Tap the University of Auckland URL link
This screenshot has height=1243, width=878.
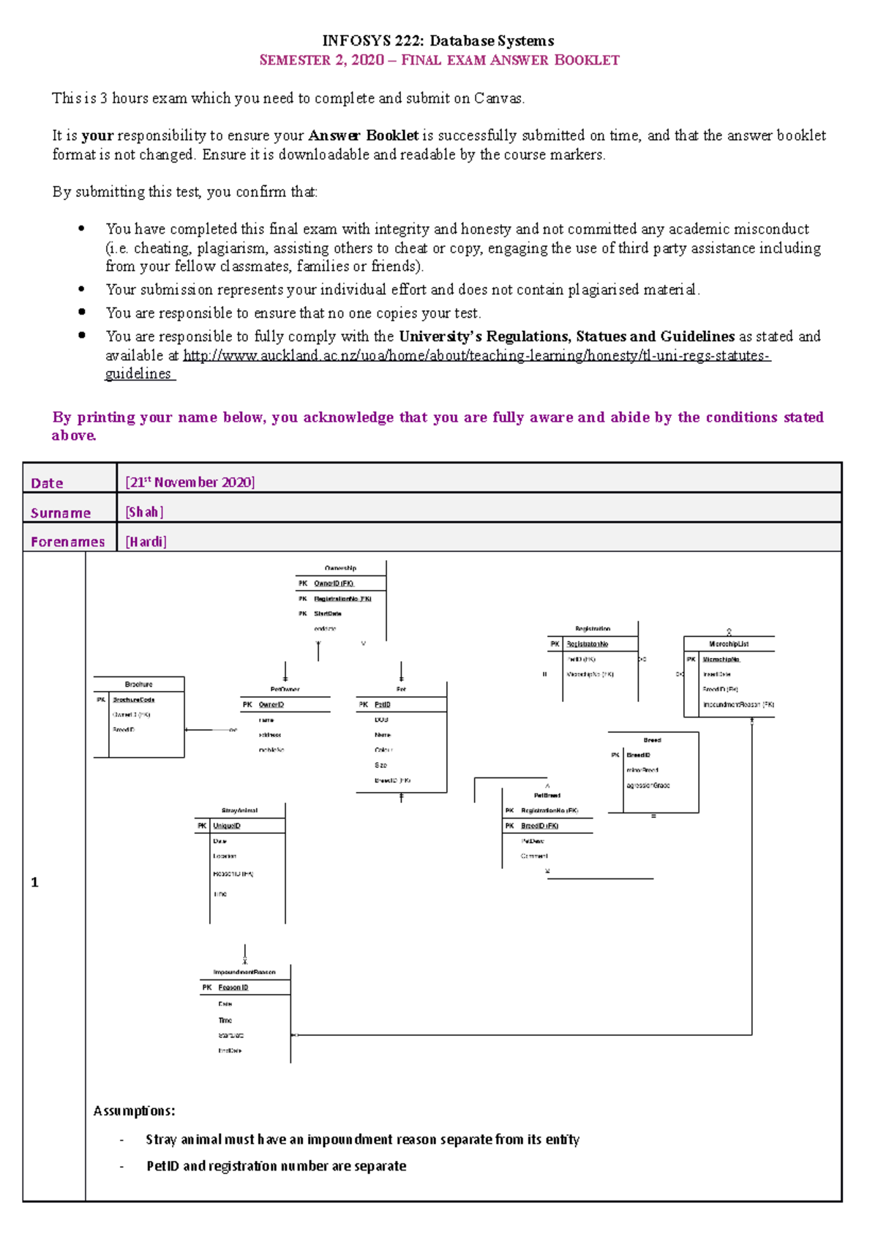click(476, 357)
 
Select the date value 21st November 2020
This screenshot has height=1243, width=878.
click(190, 482)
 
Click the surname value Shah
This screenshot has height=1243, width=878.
click(144, 512)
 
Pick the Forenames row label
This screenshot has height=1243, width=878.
click(67, 542)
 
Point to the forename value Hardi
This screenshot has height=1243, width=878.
click(146, 542)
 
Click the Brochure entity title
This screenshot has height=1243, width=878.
click(138, 684)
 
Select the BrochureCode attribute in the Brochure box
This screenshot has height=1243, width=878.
click(133, 700)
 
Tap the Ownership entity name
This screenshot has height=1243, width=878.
click(340, 568)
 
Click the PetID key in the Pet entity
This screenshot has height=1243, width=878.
click(383, 705)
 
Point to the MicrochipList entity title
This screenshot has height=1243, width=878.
click(729, 644)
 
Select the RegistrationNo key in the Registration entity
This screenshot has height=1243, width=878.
click(588, 644)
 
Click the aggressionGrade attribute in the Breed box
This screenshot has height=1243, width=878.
click(648, 785)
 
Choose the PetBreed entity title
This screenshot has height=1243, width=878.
click(547, 796)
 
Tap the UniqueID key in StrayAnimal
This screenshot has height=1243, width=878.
click(227, 826)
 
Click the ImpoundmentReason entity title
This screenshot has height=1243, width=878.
click(244, 972)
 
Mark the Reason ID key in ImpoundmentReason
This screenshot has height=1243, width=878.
click(233, 988)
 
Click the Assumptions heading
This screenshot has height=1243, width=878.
click(134, 1111)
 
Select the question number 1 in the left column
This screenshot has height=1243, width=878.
click(34, 883)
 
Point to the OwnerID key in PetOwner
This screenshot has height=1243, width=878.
click(271, 705)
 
